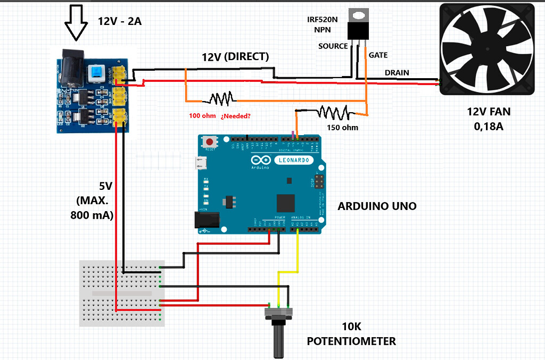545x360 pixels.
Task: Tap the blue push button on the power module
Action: point(97,73)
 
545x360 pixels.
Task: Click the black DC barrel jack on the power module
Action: point(71,69)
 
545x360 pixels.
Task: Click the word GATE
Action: point(378,55)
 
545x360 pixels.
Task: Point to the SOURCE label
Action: point(333,46)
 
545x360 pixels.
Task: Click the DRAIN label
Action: point(397,72)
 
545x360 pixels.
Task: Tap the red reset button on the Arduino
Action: point(211,143)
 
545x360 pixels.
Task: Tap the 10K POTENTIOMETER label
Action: point(351,334)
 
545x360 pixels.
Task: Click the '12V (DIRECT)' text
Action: point(235,56)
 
